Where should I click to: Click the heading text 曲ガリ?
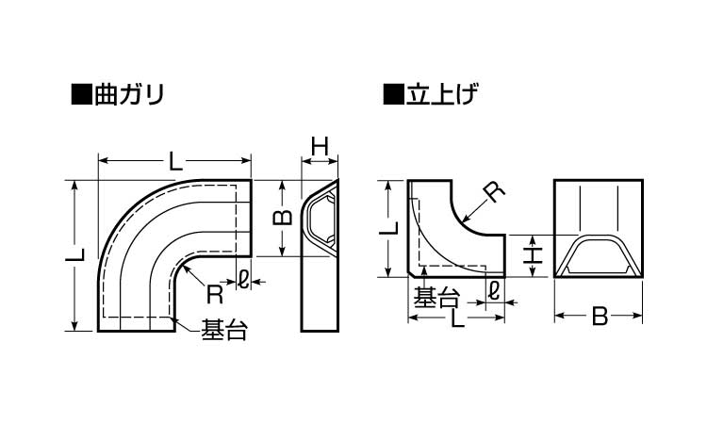128,94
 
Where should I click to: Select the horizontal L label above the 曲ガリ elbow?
175,161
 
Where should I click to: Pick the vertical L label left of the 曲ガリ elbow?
80,255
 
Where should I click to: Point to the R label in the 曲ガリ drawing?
214,294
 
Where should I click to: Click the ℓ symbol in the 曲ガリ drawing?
244,279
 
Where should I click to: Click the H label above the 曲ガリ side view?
320,146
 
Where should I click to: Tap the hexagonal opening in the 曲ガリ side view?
322,222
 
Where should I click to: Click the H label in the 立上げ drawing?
533,254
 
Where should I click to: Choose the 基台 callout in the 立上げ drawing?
436,298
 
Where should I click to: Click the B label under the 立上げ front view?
599,318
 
